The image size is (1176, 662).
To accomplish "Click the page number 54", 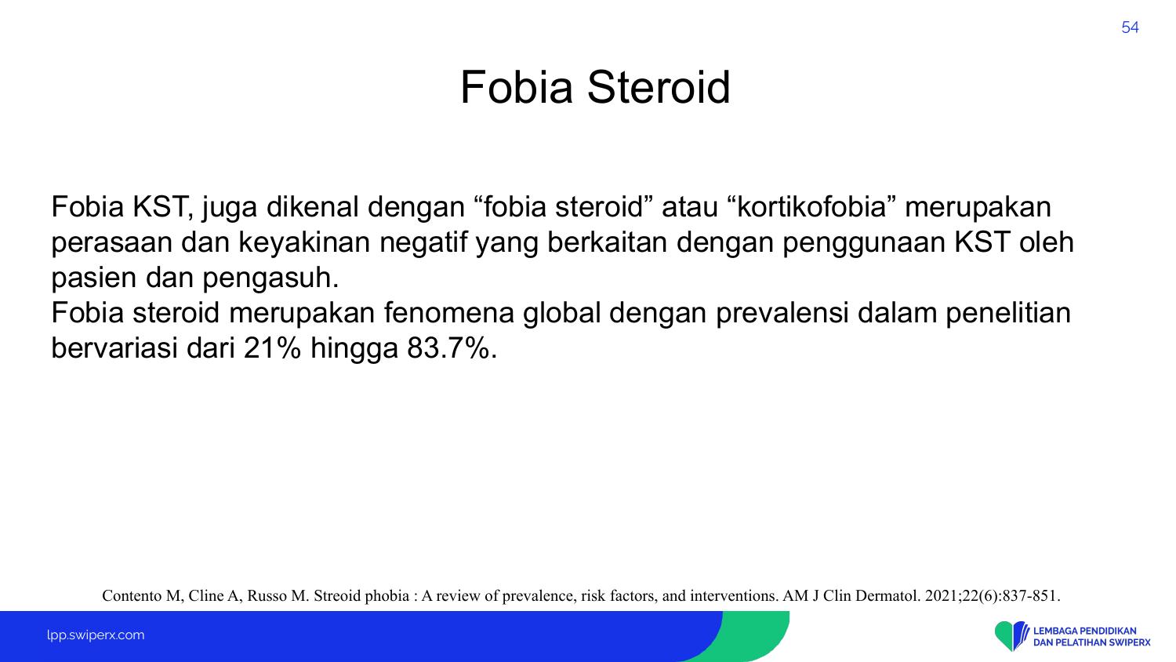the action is pos(1130,27).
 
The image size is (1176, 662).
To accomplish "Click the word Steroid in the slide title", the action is pos(659,87).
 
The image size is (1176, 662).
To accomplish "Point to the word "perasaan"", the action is pos(111,243).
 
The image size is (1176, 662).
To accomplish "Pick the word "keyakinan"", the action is pos(304,242).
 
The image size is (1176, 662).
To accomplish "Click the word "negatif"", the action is pos(423,242).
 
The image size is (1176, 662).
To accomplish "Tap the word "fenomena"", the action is pos(449,313).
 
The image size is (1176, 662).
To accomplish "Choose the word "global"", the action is pos(561,314).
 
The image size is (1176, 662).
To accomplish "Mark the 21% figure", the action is pos(272,348).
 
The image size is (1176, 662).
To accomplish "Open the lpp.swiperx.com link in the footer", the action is pos(96,635).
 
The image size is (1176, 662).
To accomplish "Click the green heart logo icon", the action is pos(1004,635).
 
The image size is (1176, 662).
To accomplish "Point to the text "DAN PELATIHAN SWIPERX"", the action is pos(1092,642).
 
